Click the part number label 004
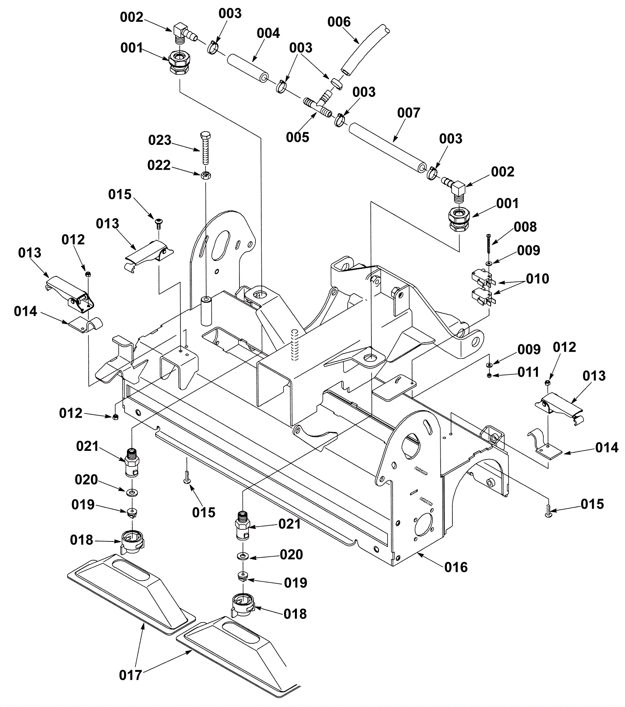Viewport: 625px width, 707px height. click(268, 33)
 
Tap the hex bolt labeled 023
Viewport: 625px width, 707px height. click(205, 148)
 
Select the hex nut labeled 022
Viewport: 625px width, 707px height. click(206, 175)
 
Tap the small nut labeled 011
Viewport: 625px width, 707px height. click(489, 376)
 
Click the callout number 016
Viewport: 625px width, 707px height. click(456, 567)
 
